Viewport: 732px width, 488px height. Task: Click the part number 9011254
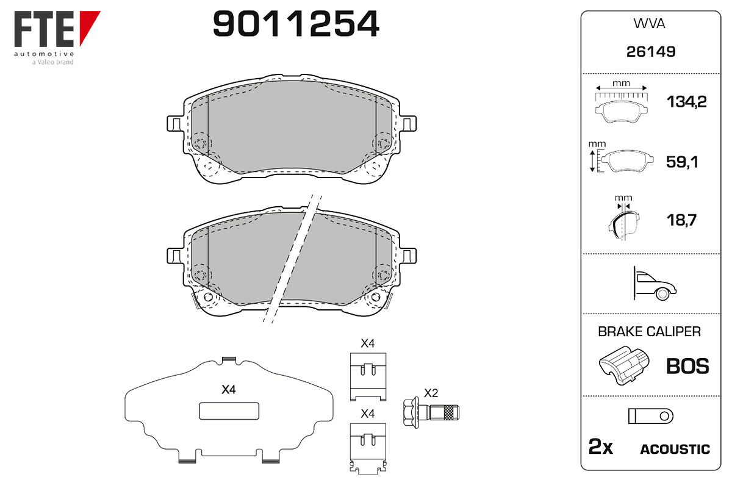click(296, 24)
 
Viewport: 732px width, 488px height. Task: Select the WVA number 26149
click(651, 52)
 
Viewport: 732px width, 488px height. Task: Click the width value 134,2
click(686, 102)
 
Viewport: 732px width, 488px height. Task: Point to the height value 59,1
click(682, 162)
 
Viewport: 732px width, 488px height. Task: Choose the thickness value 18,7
click(681, 220)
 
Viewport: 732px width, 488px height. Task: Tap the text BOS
click(687, 366)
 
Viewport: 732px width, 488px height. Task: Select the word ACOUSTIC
click(675, 449)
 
